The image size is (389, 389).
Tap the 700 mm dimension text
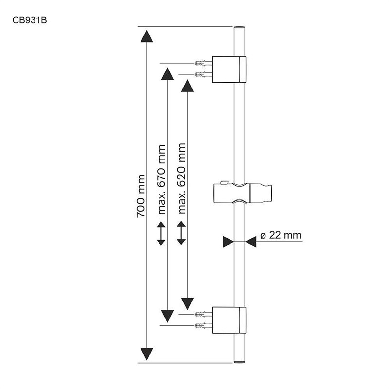[x=141, y=195]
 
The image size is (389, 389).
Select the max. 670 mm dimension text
[x=162, y=180]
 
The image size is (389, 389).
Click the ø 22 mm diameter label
[x=281, y=235]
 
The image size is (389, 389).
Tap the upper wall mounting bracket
[x=229, y=69]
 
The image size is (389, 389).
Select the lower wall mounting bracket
[x=229, y=320]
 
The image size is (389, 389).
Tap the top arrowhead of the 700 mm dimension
[x=147, y=36]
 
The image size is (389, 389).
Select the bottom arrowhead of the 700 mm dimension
[x=147, y=353]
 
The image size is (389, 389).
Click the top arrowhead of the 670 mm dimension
[x=167, y=74]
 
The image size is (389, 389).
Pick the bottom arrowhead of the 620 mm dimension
[x=187, y=304]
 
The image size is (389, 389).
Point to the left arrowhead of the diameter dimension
[x=229, y=242]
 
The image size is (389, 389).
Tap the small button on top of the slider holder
[x=223, y=183]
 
